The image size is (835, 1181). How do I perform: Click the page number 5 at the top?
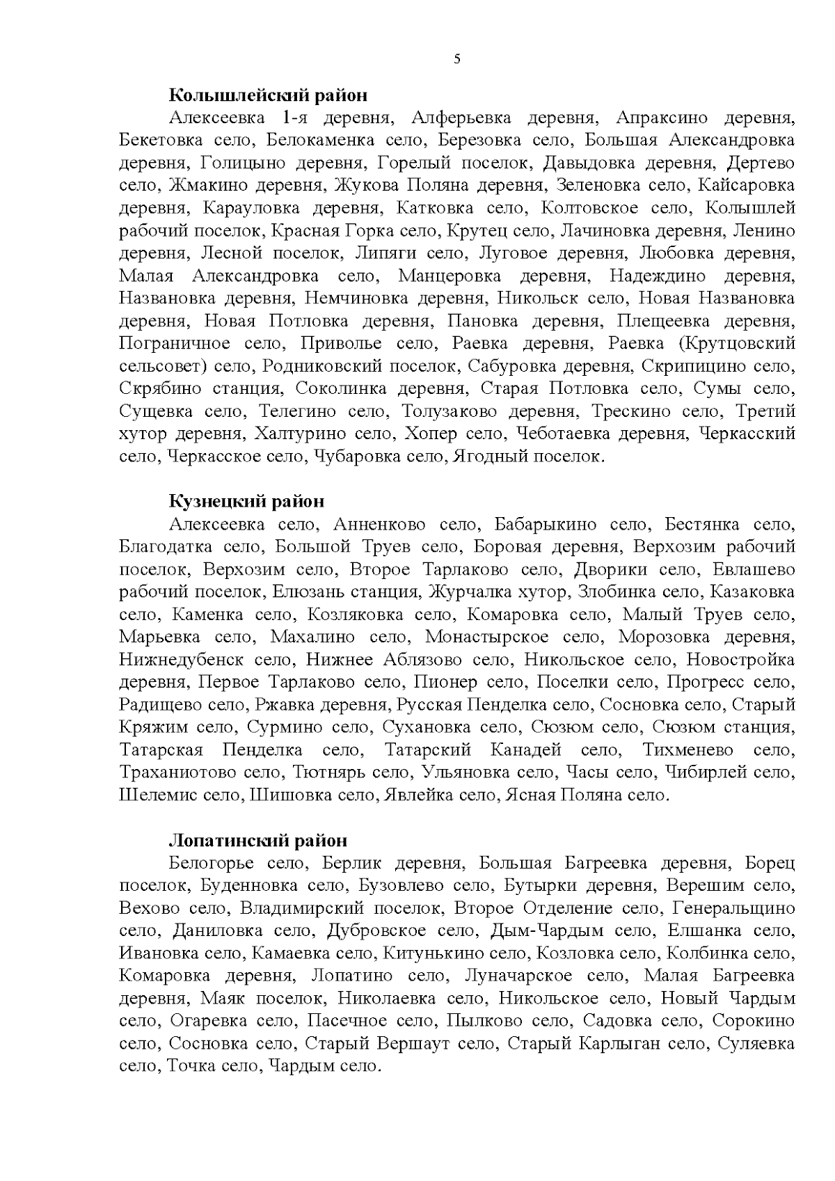pyautogui.click(x=456, y=59)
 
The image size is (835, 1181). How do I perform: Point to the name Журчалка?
pyautogui.click(x=464, y=592)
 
